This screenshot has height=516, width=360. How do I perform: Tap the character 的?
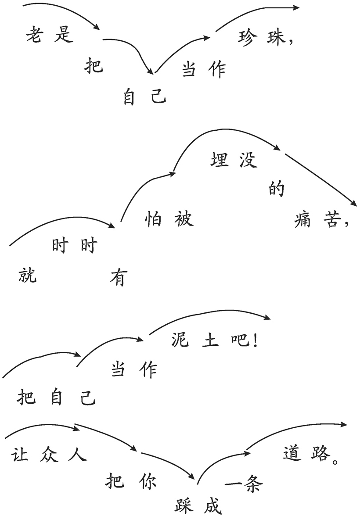coord(276,189)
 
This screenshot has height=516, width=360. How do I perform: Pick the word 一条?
coord(243,485)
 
